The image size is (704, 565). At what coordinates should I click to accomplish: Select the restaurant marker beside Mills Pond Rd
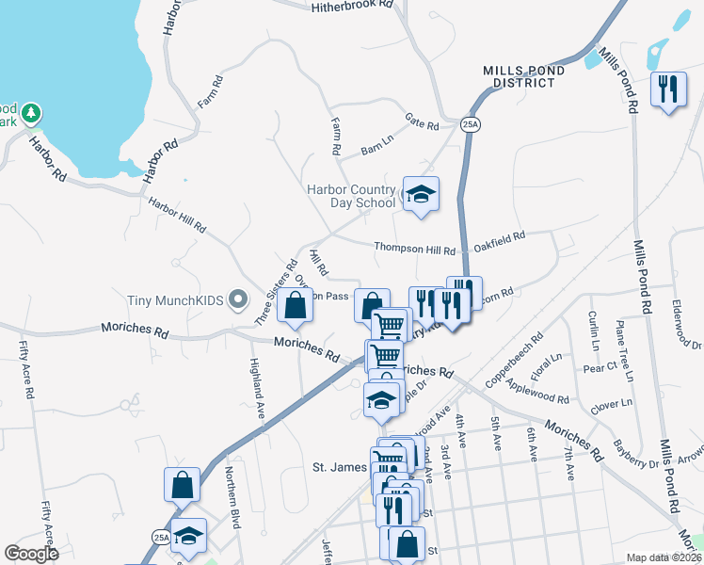coord(668,90)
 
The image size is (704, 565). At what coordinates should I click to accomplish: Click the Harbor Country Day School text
coord(351,196)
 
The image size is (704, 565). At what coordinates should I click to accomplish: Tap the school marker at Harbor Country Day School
coord(421,194)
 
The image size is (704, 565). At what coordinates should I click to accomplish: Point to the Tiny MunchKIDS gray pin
coord(238,300)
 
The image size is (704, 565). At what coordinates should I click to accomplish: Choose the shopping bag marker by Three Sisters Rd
coord(296,305)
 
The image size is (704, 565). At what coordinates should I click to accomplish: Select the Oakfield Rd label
coord(499,242)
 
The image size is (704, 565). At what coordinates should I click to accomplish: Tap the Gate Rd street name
coord(422,124)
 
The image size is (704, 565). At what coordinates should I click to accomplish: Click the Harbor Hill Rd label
coord(176,214)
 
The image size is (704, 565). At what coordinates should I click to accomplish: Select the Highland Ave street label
coord(255,389)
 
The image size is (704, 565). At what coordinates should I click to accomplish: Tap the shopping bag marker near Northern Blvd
coord(183,485)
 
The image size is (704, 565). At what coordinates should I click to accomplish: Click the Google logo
coord(31,554)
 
